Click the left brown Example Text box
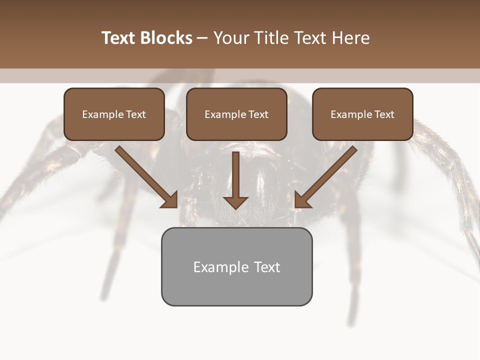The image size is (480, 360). (x=114, y=114)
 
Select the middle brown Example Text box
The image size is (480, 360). (x=236, y=114)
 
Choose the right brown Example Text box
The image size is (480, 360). (x=362, y=114)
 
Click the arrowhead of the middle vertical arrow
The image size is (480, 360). (x=235, y=202)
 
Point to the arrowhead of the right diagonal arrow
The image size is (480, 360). (x=301, y=200)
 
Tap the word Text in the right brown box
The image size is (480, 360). (x=384, y=114)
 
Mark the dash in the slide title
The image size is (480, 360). (x=202, y=38)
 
